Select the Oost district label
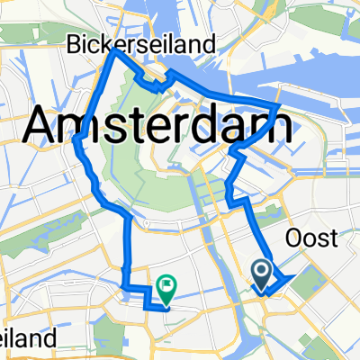310,238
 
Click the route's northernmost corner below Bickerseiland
112,50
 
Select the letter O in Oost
292,238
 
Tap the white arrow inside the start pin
262,269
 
